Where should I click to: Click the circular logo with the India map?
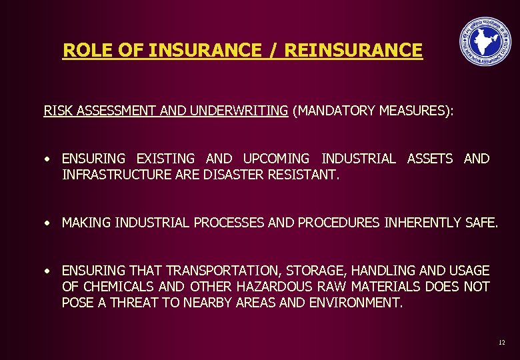click(485, 41)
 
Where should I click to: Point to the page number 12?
click(501, 342)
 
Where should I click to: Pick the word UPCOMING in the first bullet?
click(276, 159)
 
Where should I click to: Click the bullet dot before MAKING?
click(48, 223)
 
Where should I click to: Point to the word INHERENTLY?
click(422, 223)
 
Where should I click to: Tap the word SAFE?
click(481, 223)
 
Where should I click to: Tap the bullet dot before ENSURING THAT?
click(48, 271)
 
